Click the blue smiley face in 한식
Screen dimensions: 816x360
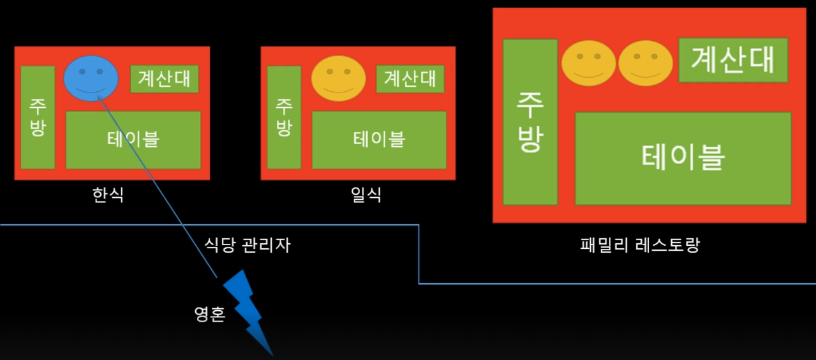click(91, 78)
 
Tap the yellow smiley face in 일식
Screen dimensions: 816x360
click(338, 79)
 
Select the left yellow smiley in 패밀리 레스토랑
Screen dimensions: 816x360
click(588, 63)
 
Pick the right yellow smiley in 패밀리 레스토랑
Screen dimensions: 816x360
click(646, 63)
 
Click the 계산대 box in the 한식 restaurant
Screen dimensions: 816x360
click(165, 79)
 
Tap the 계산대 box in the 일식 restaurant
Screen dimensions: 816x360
click(410, 79)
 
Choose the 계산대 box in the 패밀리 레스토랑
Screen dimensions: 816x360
click(733, 60)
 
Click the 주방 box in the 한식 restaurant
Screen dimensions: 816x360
click(38, 117)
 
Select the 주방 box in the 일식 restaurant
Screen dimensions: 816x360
click(284, 117)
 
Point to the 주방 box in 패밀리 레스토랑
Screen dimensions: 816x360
click(530, 122)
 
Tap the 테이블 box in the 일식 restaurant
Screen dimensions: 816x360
click(379, 140)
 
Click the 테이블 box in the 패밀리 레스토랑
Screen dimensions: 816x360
click(683, 159)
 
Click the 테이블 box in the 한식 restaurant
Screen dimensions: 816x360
click(133, 140)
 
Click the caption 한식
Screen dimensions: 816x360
click(108, 194)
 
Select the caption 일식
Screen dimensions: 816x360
click(366, 194)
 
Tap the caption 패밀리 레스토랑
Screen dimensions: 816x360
click(640, 244)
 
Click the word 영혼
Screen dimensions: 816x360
click(209, 315)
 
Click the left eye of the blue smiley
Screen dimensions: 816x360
click(82, 70)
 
